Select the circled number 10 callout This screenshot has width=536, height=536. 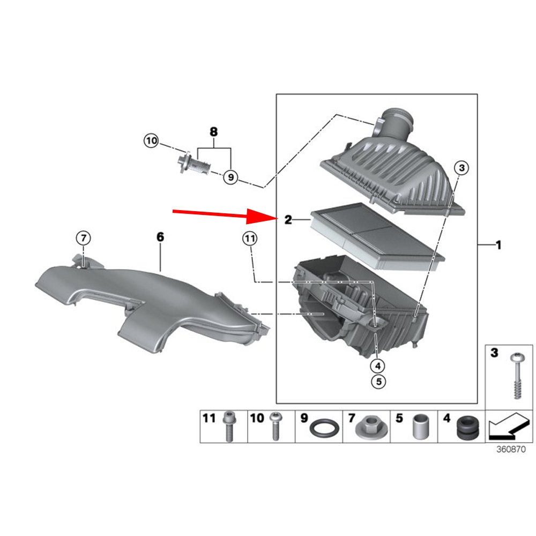point(151,140)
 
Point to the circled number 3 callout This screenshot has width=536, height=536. point(461,168)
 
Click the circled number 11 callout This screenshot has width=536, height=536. point(250,239)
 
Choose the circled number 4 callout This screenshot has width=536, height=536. point(378,366)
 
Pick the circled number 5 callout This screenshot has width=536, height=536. point(378,381)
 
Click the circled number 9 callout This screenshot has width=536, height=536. point(230,177)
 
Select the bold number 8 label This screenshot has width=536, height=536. point(213,132)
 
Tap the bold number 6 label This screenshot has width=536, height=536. point(160,237)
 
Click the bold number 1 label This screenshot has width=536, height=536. point(498,245)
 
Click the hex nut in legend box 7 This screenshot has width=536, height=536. point(371,428)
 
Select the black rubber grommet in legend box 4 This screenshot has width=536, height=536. point(468,427)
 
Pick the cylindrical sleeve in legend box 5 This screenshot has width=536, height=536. point(421,427)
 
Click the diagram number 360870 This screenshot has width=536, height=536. point(511,449)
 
